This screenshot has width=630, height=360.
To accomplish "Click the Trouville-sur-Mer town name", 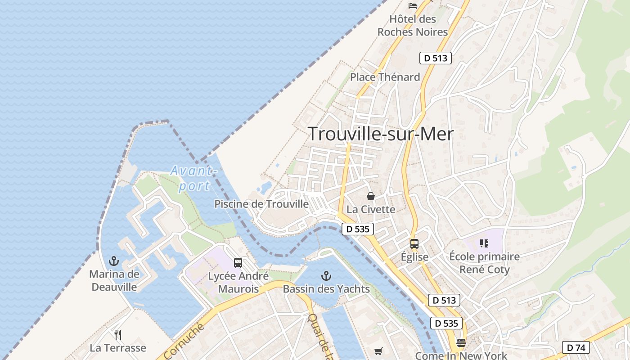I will pyautogui.click(x=381, y=134).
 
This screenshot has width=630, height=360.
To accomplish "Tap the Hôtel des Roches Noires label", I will pyautogui.click(x=413, y=26).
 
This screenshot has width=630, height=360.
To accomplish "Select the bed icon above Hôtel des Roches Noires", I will pyautogui.click(x=413, y=6).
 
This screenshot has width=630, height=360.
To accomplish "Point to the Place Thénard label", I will pyautogui.click(x=385, y=77).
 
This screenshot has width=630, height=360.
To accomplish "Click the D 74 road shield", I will pyautogui.click(x=576, y=347).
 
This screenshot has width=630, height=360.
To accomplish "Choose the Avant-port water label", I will pyautogui.click(x=194, y=178).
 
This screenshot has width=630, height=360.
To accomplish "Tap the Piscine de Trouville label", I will pyautogui.click(x=261, y=204).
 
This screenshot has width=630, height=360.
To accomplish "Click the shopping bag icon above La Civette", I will pyautogui.click(x=371, y=196).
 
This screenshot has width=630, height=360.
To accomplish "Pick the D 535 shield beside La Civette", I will pyautogui.click(x=358, y=229).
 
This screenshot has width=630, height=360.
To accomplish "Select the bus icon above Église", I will pyautogui.click(x=414, y=244).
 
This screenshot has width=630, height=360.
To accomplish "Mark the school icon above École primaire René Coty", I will pyautogui.click(x=484, y=243).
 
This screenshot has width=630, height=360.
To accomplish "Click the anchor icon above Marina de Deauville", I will pyautogui.click(x=114, y=261).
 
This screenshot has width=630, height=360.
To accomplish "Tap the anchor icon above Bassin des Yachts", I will pyautogui.click(x=326, y=276).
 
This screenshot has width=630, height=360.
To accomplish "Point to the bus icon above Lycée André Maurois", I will pyautogui.click(x=238, y=263).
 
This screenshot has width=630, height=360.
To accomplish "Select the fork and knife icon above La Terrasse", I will pyautogui.click(x=118, y=334).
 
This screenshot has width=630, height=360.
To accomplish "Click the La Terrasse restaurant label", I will pyautogui.click(x=118, y=348).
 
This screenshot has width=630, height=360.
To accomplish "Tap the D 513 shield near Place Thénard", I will pyautogui.click(x=435, y=58).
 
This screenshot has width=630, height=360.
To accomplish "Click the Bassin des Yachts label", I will pyautogui.click(x=326, y=289).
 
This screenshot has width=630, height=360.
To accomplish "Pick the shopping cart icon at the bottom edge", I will pyautogui.click(x=378, y=351).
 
